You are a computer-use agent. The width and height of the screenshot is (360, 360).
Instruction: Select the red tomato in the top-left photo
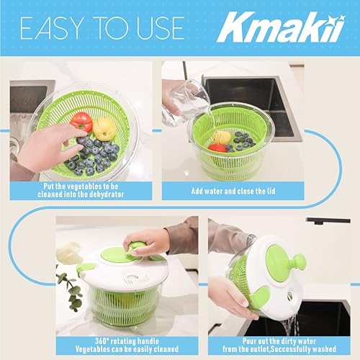[x=81, y=122]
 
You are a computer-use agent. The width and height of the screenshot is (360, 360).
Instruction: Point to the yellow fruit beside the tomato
[x=104, y=128]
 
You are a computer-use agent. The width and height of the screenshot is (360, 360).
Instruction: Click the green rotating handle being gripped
[x=137, y=251]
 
